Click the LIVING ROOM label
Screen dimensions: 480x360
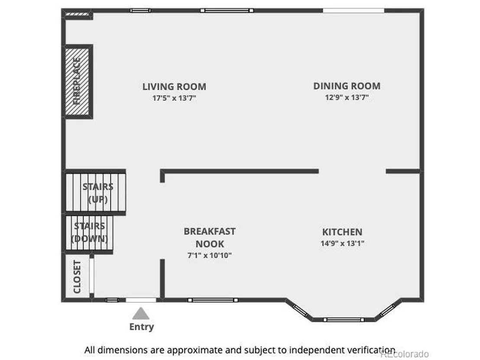click(174, 87)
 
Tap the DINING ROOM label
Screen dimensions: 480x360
click(347, 86)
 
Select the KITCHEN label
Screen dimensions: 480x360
click(342, 232)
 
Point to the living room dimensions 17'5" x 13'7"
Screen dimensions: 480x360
click(174, 98)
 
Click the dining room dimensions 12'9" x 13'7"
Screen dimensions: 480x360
click(347, 97)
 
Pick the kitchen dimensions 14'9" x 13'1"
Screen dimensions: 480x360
click(342, 243)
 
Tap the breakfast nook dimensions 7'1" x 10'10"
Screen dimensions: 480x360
click(210, 255)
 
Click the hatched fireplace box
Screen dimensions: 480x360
click(77, 81)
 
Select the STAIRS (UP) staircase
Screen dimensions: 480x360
click(95, 192)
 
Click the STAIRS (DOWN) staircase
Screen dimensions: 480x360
click(89, 233)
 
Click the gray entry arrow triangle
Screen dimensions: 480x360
click(141, 314)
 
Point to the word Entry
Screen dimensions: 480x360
click(141, 327)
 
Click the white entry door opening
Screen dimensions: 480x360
click(141, 300)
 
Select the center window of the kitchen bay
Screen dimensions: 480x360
click(344, 320)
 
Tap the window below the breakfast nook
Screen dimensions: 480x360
click(213, 300)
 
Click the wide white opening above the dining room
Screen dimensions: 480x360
click(354, 10)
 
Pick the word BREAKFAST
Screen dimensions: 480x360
click(210, 231)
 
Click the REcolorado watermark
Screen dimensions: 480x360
click(404, 354)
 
